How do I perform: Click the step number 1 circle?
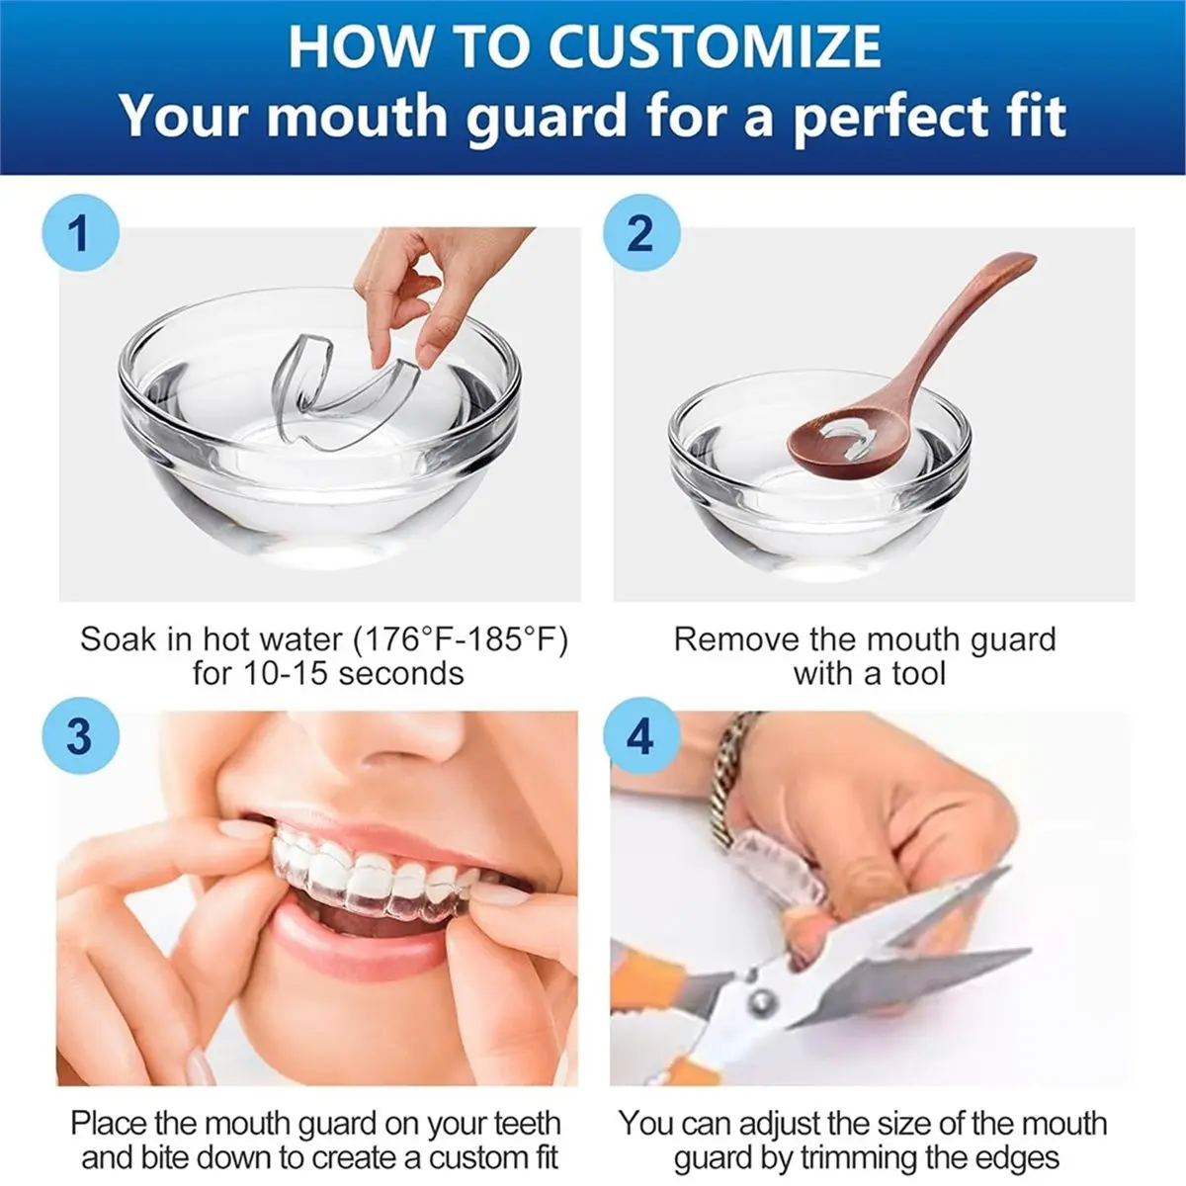[79, 234]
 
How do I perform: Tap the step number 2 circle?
[640, 234]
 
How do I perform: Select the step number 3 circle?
[79, 736]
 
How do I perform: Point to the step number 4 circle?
[640, 736]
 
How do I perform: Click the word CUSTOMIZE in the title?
[714, 46]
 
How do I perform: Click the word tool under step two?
[918, 674]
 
